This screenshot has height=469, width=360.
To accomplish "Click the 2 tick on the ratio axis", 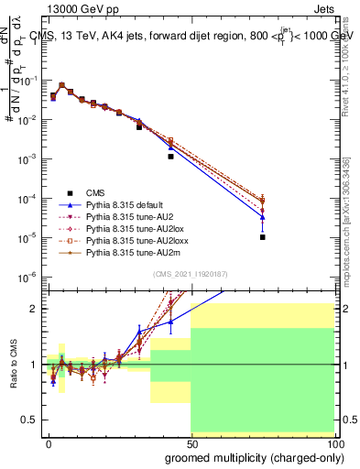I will click(x=37, y=309).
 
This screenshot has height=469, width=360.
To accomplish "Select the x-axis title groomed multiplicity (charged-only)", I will click(x=251, y=456).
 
